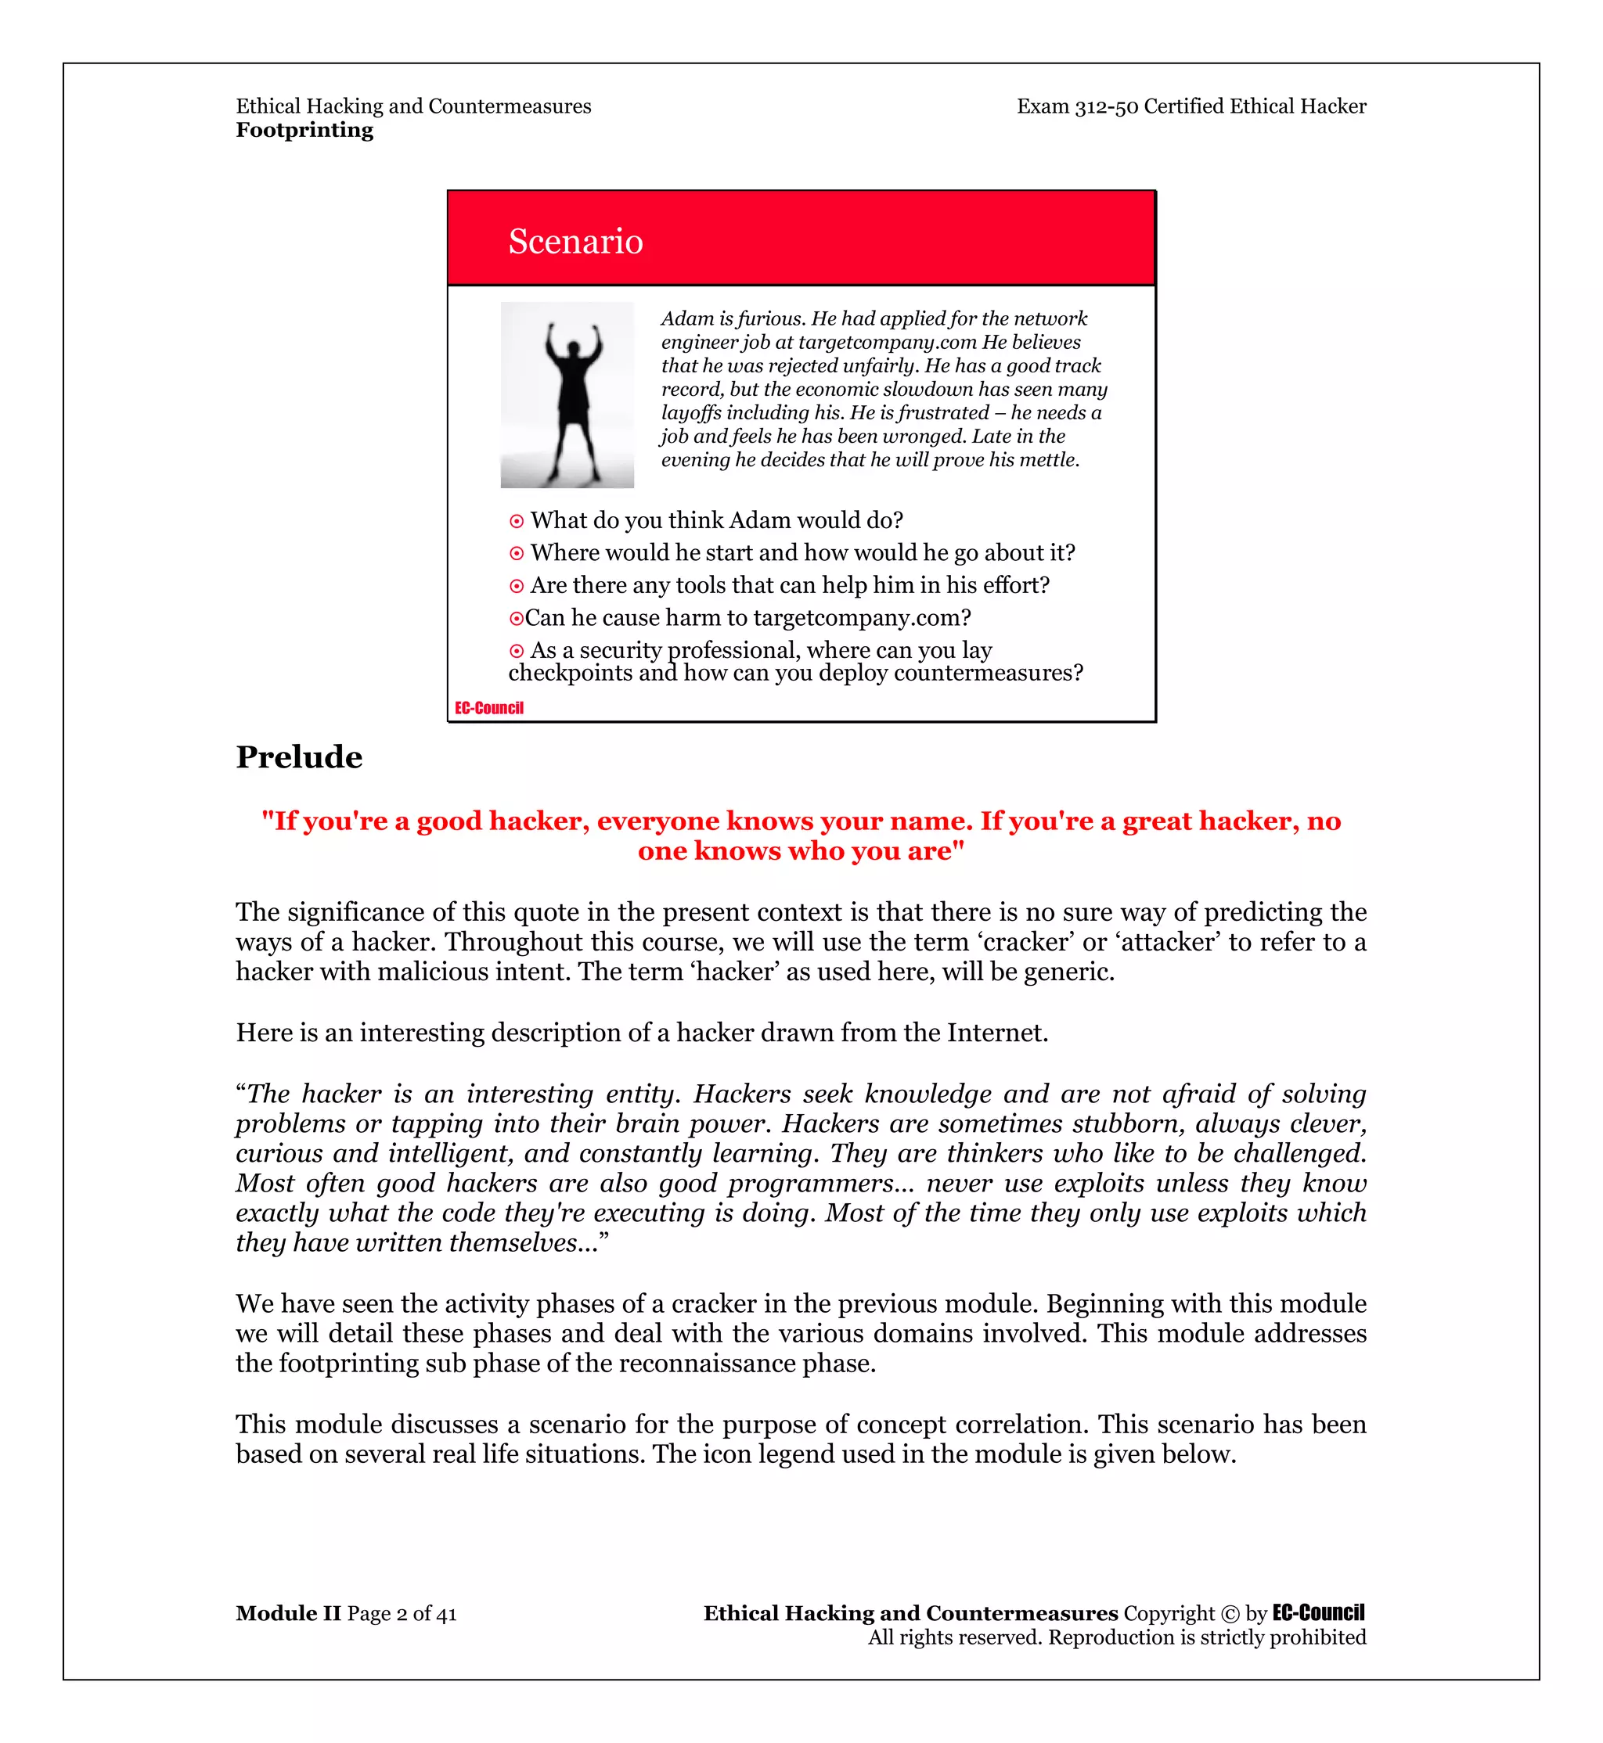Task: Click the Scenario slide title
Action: [575, 241]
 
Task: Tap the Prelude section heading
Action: [299, 757]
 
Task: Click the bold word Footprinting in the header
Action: [304, 130]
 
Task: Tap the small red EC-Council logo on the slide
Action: [489, 708]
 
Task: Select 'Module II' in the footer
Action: [288, 1613]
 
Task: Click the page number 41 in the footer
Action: [446, 1614]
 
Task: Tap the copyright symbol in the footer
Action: [1230, 1614]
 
